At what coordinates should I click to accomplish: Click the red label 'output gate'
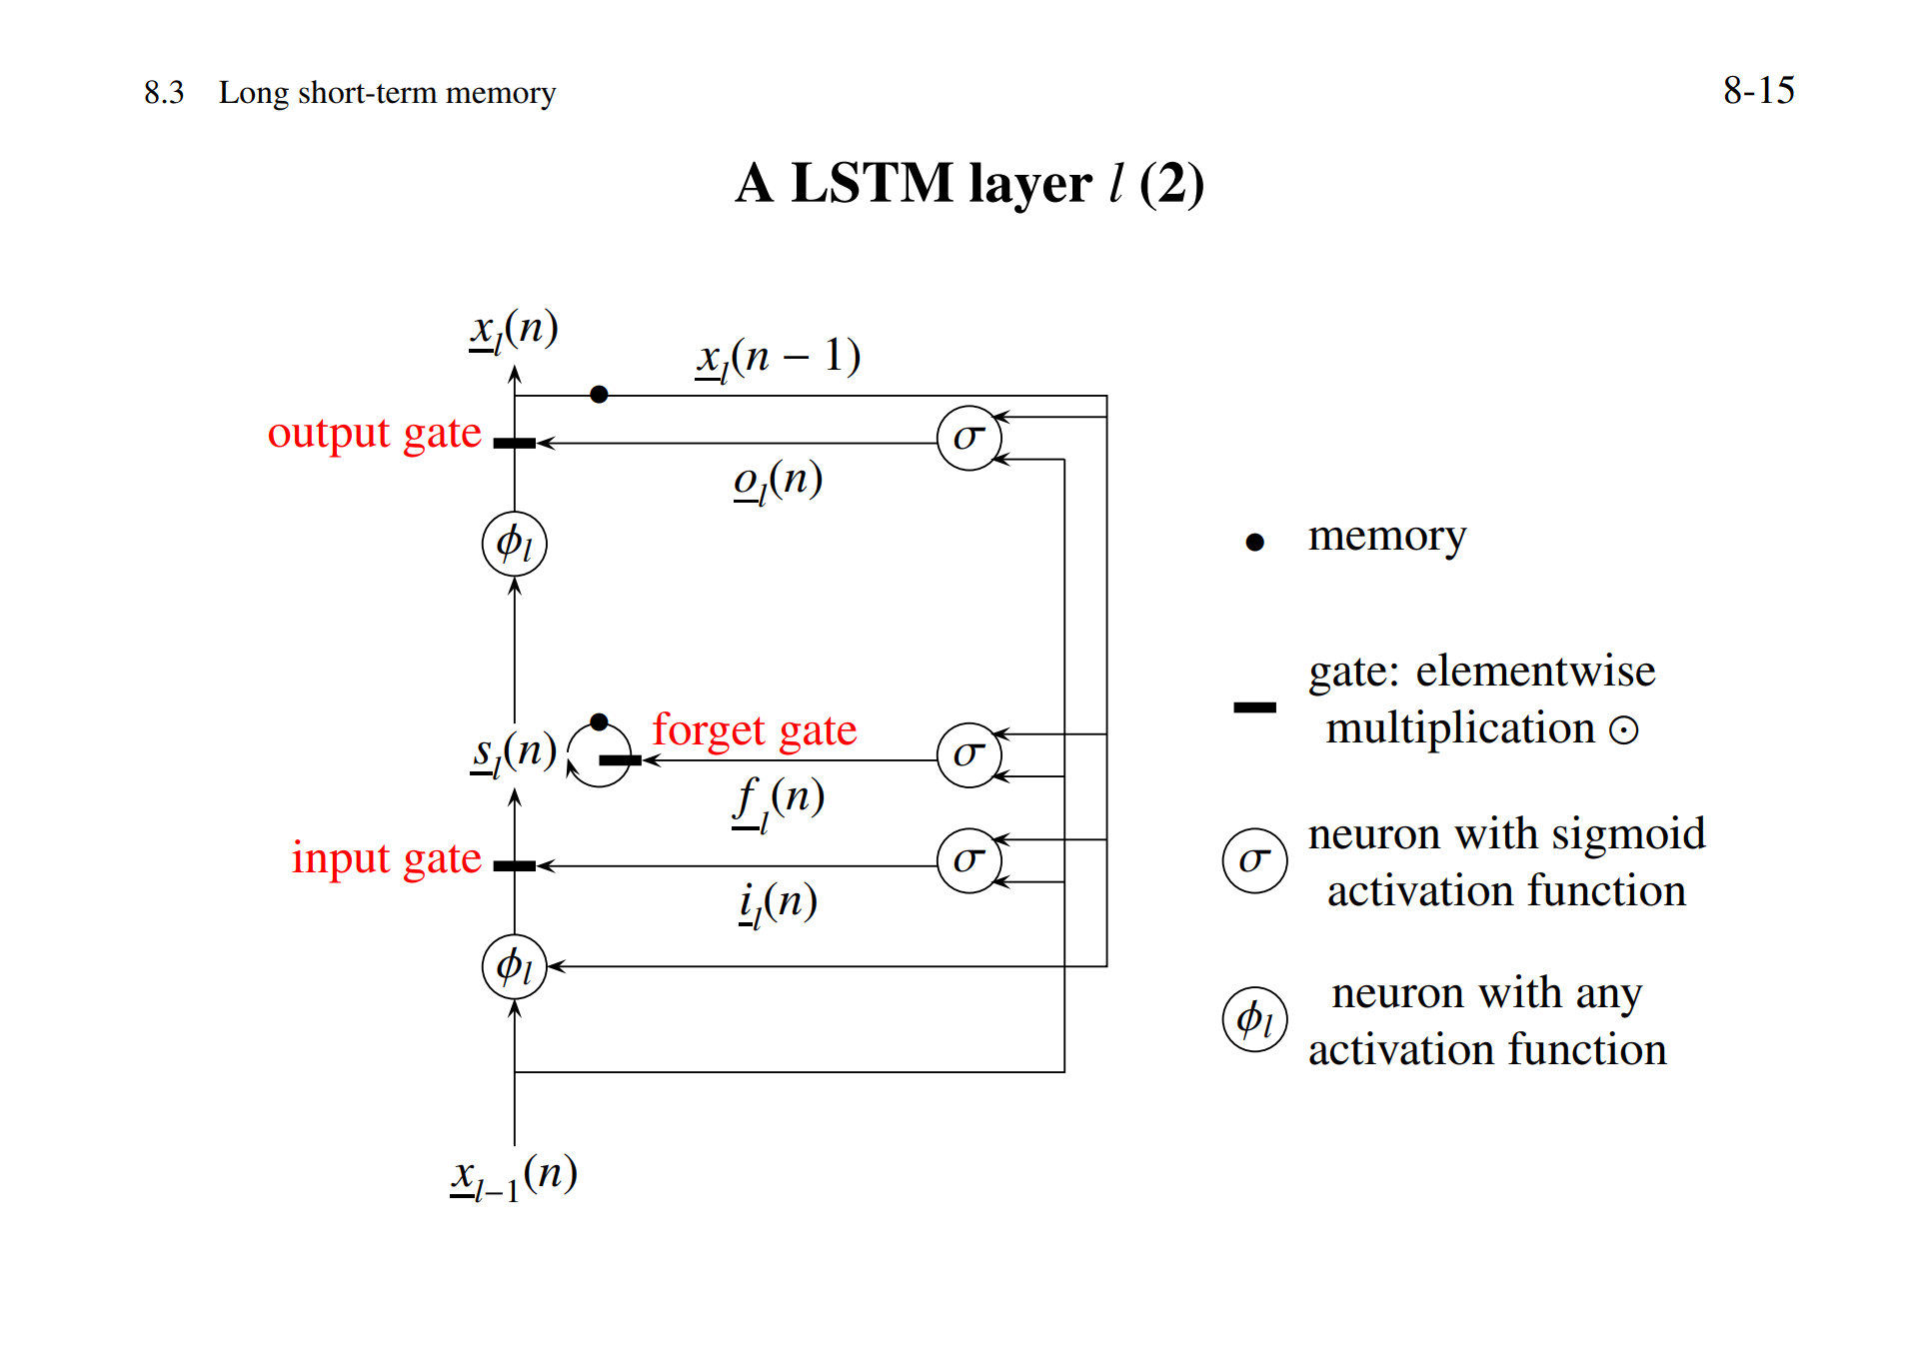coord(374,434)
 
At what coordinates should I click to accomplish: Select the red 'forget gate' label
coord(754,730)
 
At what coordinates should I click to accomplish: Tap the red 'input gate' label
coord(386,858)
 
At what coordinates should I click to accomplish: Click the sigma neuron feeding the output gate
coord(968,438)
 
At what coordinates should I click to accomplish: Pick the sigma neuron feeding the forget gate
coord(968,754)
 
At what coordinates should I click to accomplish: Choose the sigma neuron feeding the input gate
coord(968,860)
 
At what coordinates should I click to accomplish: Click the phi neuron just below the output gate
coord(514,544)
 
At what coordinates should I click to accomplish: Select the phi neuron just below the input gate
coord(514,966)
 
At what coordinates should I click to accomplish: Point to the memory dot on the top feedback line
coord(599,395)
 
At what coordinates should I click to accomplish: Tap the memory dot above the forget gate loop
coord(599,721)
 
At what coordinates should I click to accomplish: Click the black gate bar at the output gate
coord(515,443)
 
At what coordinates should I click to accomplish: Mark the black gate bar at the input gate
coord(515,865)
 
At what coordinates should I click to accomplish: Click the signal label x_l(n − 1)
coord(778,358)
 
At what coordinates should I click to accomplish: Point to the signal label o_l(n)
coord(778,482)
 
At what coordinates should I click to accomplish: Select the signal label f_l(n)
coord(778,800)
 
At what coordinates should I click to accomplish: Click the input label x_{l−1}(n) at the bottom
coord(514,1176)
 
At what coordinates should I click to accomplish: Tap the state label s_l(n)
coord(514,751)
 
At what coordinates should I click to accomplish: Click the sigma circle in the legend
coord(1254,860)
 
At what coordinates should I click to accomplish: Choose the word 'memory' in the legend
coord(1386,537)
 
